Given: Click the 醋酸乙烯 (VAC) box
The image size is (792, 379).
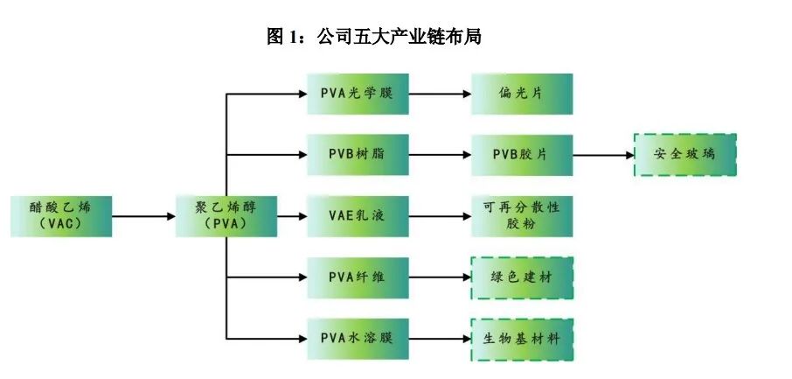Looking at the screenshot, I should click(60, 215).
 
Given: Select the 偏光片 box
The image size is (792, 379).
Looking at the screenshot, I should click(522, 94).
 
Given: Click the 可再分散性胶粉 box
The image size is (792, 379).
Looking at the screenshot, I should click(522, 215).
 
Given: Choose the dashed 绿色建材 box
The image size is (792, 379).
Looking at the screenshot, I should click(522, 277).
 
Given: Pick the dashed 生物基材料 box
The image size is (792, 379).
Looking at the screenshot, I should click(522, 338).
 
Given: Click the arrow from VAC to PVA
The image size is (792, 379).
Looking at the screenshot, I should click(143, 215).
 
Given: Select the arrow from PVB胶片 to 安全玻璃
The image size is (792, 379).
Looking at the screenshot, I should click(603, 155).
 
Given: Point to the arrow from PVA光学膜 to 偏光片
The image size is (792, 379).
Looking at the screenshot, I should click(439, 94).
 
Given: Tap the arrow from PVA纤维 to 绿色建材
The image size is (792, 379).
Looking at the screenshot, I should click(439, 277).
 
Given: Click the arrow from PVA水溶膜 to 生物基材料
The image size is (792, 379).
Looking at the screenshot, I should click(439, 338).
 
